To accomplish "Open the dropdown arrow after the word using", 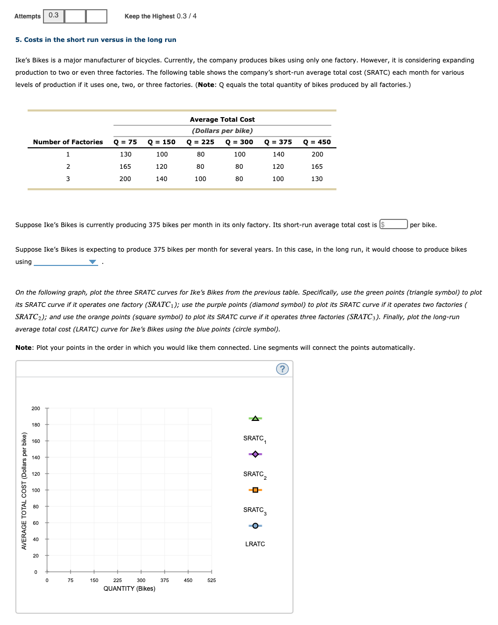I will pyautogui.click(x=92, y=262).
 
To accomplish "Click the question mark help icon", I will pyautogui.click(x=282, y=369).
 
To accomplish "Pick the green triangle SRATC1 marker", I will pyautogui.click(x=255, y=419).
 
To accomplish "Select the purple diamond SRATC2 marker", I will pyautogui.click(x=255, y=454).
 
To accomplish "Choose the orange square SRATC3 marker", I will pyautogui.click(x=255, y=490).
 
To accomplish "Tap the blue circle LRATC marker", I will pyautogui.click(x=255, y=526).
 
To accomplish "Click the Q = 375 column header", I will pyautogui.click(x=278, y=142).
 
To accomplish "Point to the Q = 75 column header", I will pyautogui.click(x=125, y=142).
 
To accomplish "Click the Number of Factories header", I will pyautogui.click(x=68, y=142).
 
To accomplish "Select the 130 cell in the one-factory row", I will pyautogui.click(x=125, y=154).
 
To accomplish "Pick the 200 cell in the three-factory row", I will pyautogui.click(x=125, y=178).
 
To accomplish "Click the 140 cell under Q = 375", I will pyautogui.click(x=278, y=154).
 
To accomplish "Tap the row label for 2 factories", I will pyautogui.click(x=68, y=166).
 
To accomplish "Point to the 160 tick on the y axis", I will pyautogui.click(x=35, y=441).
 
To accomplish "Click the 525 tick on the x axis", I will pyautogui.click(x=212, y=581).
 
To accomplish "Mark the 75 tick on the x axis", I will pyautogui.click(x=70, y=581).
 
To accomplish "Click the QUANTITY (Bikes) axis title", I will pyautogui.click(x=129, y=589).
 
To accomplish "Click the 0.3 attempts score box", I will pyautogui.click(x=54, y=16).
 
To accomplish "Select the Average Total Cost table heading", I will pyautogui.click(x=222, y=119).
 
